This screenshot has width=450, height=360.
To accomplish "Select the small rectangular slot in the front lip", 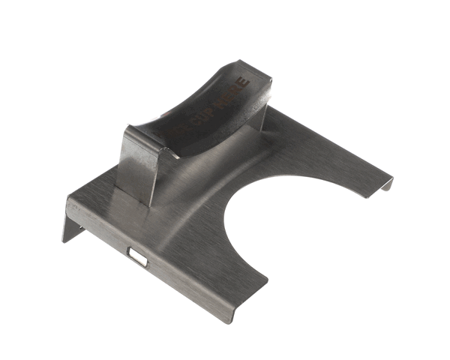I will tap(136, 256).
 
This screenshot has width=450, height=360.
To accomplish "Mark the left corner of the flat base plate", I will tap(70, 199).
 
